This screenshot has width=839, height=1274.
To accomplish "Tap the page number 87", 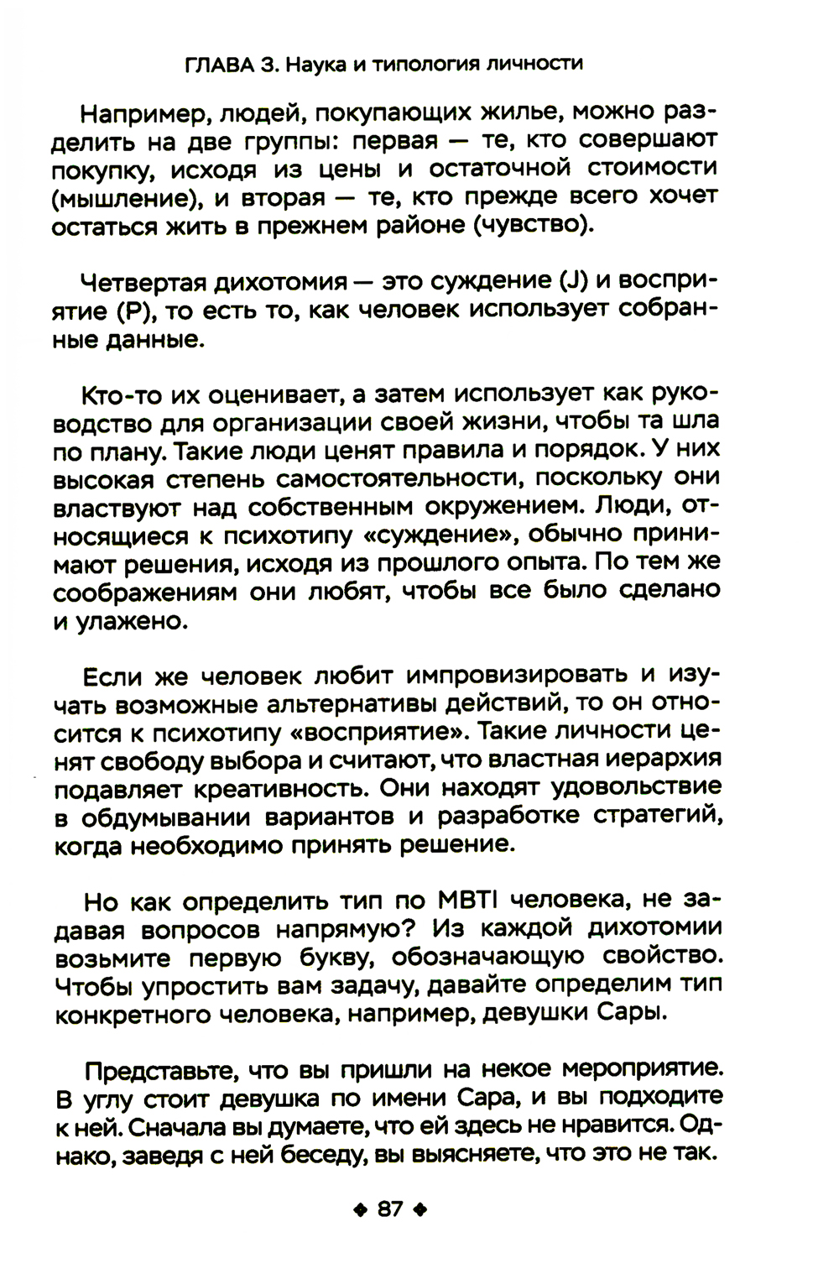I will [390, 1209].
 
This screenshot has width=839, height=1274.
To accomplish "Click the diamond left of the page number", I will [361, 1210].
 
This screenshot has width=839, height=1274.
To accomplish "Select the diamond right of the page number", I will [421, 1210].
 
